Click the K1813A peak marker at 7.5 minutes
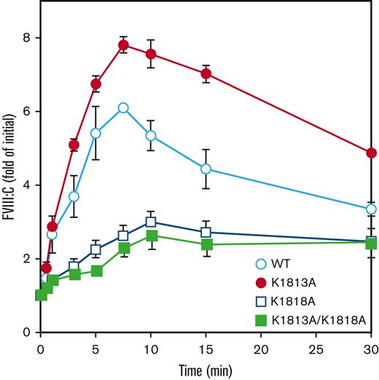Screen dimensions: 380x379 123,45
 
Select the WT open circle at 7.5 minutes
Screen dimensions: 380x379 123,108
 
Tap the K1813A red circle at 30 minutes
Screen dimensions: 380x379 371,152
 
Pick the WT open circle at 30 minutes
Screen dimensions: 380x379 371,209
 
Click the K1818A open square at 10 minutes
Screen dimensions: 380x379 151,222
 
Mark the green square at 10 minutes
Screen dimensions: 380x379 151,236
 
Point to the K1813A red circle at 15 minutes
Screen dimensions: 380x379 206,74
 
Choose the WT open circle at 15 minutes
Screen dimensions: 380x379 206,168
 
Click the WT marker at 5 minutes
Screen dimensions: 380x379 95,133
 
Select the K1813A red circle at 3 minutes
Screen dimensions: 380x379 74,145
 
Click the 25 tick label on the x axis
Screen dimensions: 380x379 316,349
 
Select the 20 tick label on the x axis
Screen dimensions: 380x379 261,349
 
